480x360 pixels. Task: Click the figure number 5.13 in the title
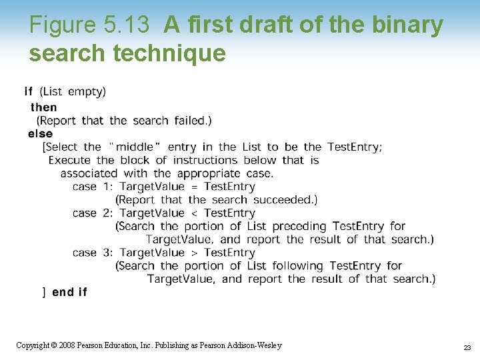126,25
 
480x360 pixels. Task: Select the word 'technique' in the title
169,53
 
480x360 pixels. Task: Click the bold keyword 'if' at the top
29,91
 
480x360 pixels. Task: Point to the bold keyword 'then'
44,107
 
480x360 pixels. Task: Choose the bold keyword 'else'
41,134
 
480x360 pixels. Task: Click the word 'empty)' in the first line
87,91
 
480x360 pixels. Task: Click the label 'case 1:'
93,187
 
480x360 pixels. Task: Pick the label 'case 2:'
93,213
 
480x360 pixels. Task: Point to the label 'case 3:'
93,253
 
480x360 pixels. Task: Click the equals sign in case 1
194,187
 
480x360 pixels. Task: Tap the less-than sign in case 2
194,213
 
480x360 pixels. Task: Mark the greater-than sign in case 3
194,253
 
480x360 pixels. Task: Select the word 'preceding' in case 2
299,227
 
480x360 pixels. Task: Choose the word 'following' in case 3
298,266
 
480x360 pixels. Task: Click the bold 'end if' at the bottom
69,292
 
